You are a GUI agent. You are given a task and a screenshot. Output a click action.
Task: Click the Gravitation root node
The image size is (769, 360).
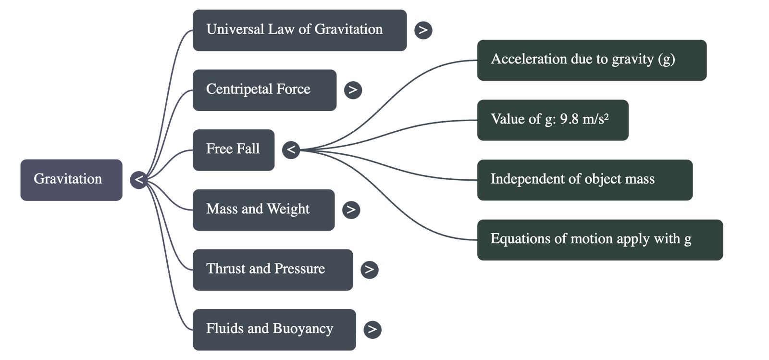(71, 179)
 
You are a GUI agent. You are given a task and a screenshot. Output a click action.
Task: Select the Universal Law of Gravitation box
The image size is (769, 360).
(299, 30)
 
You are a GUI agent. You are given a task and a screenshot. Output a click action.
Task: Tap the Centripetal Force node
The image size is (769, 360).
(264, 90)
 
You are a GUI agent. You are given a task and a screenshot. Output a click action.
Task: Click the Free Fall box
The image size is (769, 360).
(234, 149)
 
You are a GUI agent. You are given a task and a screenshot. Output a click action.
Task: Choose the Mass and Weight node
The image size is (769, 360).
(263, 210)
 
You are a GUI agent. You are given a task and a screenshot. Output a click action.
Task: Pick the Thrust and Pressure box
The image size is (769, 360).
(273, 269)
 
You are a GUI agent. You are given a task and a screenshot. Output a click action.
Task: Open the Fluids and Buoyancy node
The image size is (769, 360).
(274, 329)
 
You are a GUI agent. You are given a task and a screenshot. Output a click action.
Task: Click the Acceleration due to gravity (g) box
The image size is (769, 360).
(591, 60)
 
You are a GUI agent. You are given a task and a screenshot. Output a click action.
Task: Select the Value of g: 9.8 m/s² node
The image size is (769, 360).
(553, 120)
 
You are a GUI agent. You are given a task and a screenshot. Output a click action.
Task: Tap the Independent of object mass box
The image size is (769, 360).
(584, 180)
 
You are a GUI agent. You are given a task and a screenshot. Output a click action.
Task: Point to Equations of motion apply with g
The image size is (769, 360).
(600, 239)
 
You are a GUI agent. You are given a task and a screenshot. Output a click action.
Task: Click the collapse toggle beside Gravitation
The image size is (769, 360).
(139, 180)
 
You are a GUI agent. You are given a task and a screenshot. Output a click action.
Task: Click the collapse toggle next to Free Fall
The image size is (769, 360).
(291, 149)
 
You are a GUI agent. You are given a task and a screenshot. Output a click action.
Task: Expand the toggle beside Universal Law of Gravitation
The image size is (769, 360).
(423, 30)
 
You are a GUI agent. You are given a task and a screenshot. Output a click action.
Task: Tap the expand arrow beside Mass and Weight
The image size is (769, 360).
(351, 210)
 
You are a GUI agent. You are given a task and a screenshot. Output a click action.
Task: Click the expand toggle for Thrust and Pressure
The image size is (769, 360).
(369, 269)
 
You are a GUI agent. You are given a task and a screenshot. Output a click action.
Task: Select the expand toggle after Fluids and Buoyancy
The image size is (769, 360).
(372, 329)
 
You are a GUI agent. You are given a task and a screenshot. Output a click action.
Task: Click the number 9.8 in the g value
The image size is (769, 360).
(570, 119)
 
